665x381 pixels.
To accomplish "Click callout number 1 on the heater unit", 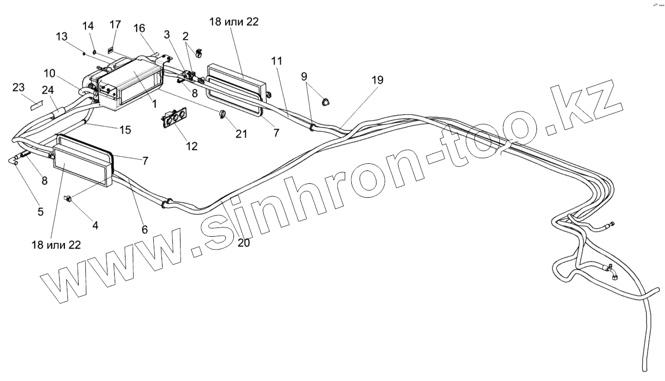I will (154, 103).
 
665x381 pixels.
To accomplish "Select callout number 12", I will (191, 146).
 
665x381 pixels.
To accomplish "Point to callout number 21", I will (241, 134).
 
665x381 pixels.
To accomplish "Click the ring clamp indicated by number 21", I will (222, 115).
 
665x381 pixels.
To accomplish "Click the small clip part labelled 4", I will (67, 198).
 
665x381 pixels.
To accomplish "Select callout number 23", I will (19, 88).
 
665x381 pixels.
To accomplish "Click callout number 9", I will (304, 78).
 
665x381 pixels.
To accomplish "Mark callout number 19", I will (378, 80).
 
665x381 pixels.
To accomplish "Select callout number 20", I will (244, 242).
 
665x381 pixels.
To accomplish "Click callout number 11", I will (277, 61).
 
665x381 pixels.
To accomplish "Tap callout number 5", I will (41, 211).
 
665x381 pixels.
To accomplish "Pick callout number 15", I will (125, 130).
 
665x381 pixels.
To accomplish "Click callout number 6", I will (145, 230).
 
